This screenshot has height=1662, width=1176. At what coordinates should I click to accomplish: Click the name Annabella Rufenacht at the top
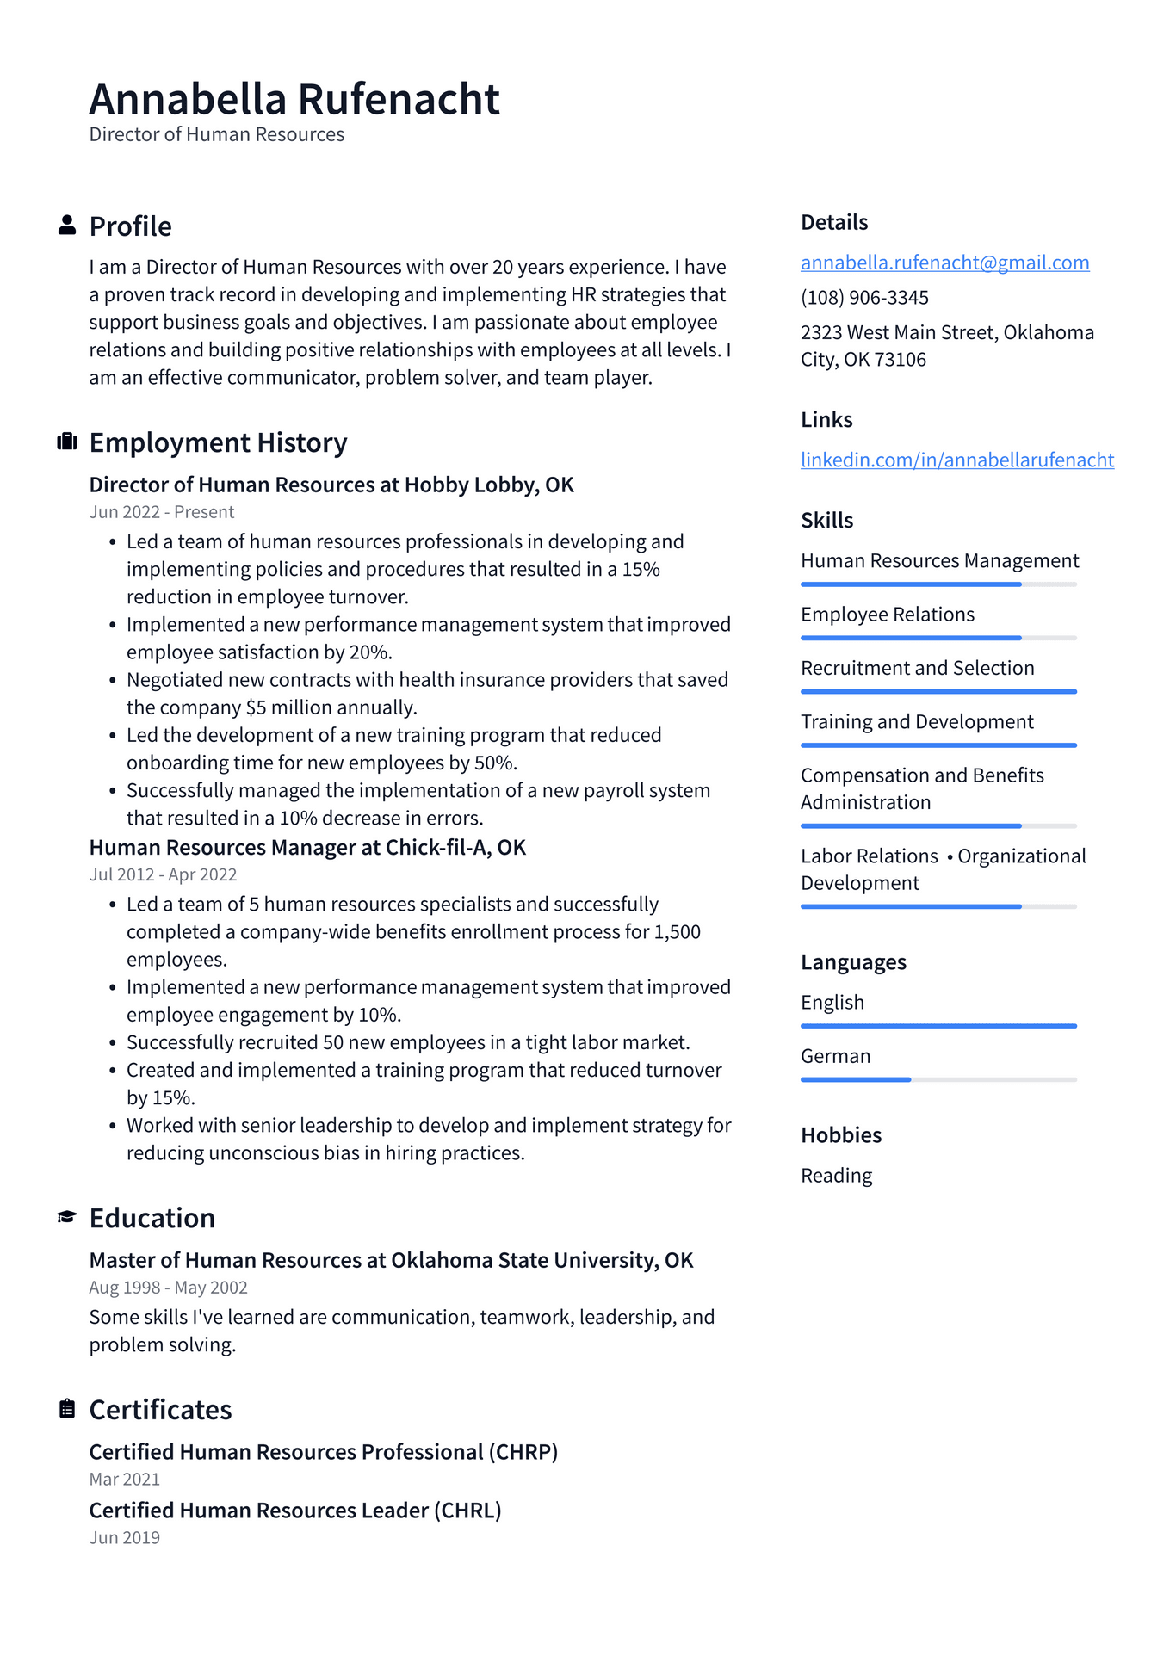(294, 99)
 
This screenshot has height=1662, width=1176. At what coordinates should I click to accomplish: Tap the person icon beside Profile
(67, 226)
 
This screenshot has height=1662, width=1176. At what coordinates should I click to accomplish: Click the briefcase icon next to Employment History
(67, 442)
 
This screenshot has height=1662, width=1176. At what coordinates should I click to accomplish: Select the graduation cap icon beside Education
(67, 1216)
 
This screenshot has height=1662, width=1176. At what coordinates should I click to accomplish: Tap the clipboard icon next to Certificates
(67, 1408)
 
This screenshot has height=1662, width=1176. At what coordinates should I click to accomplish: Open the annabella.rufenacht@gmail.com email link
(944, 263)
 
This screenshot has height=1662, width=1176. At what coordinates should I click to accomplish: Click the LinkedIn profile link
(956, 460)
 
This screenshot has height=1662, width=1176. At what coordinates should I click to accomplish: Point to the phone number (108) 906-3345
(864, 298)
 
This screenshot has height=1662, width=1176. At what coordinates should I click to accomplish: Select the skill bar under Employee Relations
(938, 638)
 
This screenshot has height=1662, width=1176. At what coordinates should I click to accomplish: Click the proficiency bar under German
(938, 1079)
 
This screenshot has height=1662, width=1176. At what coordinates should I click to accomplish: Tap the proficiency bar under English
(938, 1026)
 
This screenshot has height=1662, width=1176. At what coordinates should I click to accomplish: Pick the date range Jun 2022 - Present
(162, 512)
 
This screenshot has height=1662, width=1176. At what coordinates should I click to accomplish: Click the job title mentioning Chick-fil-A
(307, 848)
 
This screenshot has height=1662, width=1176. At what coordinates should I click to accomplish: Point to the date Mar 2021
(125, 1479)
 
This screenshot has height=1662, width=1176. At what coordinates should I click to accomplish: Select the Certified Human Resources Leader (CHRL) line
(295, 1511)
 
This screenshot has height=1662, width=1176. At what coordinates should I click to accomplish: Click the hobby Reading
(836, 1176)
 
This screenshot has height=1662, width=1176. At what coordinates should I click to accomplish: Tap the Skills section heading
(826, 520)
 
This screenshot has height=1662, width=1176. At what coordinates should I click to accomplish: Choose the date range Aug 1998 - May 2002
(169, 1288)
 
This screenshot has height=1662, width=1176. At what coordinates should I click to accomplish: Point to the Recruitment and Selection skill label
(917, 668)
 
